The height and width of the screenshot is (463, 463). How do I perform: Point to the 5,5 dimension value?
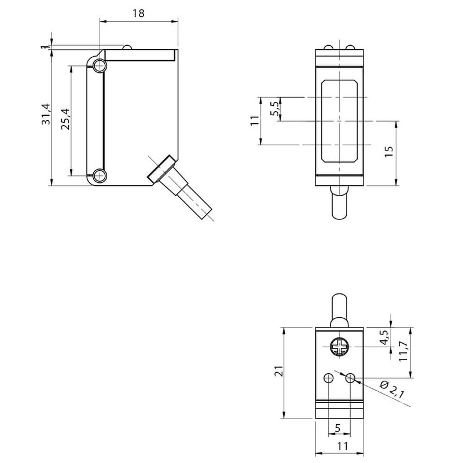pos(275,109)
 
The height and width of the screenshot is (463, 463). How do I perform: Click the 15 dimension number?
pos(388,152)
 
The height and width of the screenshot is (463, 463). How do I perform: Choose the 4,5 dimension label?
pos(383,337)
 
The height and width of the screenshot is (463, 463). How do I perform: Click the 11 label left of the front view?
pos(253,120)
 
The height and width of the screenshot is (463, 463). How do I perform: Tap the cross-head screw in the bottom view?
pos(339,348)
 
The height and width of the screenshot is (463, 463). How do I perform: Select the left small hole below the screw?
pos(329,378)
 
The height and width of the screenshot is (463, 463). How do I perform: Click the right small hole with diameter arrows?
pos(350,378)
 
